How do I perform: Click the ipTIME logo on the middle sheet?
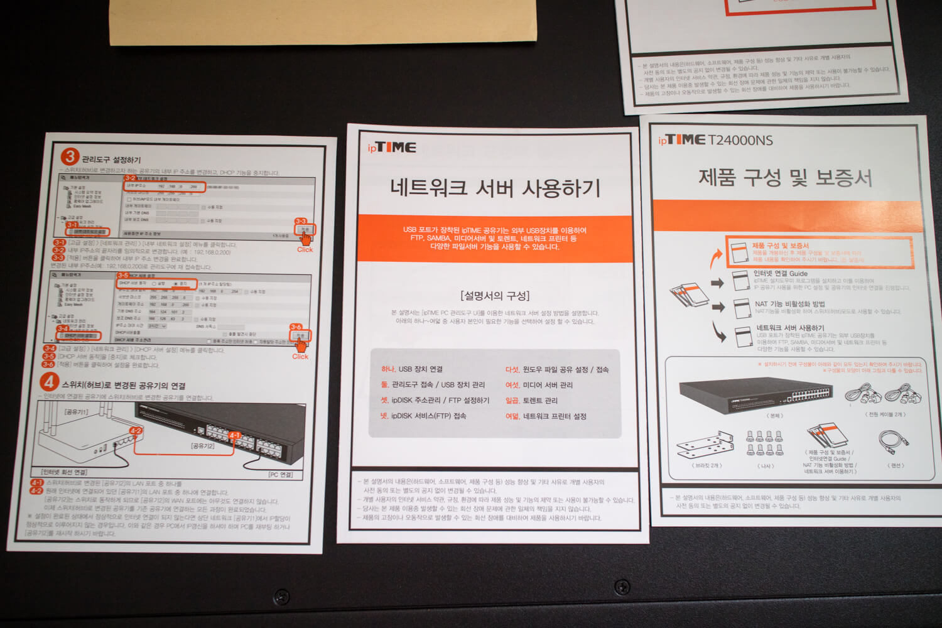click(392, 148)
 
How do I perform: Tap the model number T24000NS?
click(740, 140)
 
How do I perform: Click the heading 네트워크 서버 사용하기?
click(495, 188)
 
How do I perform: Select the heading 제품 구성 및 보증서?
click(785, 178)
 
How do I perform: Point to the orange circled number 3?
click(70, 157)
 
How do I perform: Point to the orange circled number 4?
click(49, 382)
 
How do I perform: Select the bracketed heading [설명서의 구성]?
click(494, 295)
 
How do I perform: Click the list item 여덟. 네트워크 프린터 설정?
click(546, 416)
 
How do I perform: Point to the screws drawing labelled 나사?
click(764, 443)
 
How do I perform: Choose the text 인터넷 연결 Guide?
click(781, 274)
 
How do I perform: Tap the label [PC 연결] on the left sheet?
click(280, 475)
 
